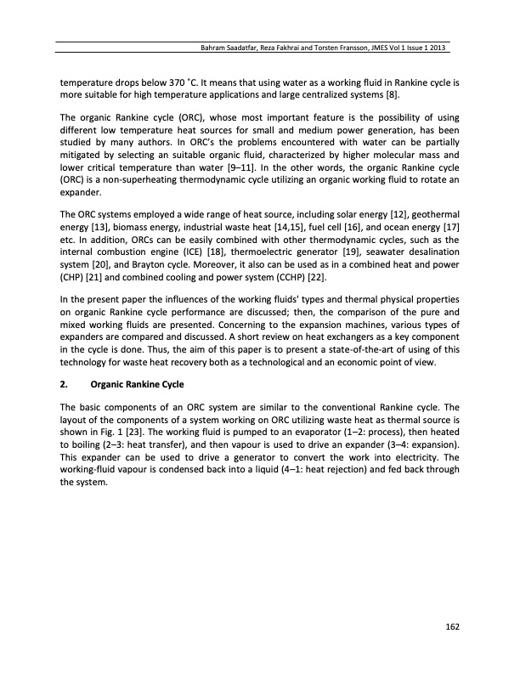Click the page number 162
(x=452, y=627)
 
